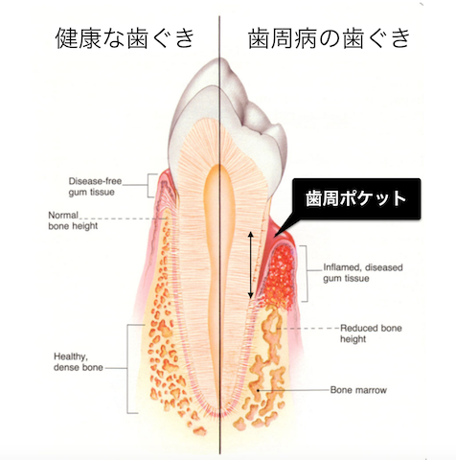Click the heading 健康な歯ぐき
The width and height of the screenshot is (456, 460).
(x=125, y=38)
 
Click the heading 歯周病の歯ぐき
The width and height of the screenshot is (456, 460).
(x=329, y=38)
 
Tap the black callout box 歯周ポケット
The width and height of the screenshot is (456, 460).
(x=356, y=198)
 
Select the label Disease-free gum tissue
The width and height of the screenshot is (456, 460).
(x=95, y=187)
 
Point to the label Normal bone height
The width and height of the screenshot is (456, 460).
(x=73, y=220)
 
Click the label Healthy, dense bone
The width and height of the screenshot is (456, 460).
(x=79, y=362)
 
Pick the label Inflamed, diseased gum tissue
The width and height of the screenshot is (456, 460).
(x=363, y=273)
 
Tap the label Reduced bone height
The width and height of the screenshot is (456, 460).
(x=371, y=333)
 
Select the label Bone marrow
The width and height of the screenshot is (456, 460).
(x=358, y=390)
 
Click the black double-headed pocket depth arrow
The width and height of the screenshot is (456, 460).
(x=251, y=265)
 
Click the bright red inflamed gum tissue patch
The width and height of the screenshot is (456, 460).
(x=280, y=276)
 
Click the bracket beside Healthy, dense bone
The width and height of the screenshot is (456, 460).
(x=132, y=369)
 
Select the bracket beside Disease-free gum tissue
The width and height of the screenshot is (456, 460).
(x=152, y=186)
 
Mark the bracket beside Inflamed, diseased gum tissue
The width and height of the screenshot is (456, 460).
(x=305, y=273)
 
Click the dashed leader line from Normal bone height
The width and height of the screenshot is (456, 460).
(x=123, y=218)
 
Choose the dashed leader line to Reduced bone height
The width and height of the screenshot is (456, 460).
(x=308, y=328)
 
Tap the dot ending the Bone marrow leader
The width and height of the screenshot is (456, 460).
(x=258, y=390)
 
